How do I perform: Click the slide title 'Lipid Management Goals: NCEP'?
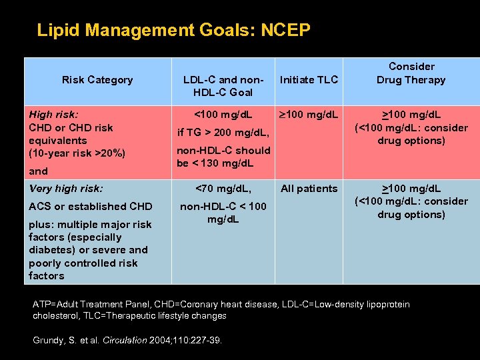tap(173, 30)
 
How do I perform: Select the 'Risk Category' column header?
tap(97, 80)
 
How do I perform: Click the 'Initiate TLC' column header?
tap(309, 80)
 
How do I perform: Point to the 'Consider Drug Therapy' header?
tap(411, 73)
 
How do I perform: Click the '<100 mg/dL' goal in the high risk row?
tap(223, 115)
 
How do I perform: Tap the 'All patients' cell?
tap(309, 189)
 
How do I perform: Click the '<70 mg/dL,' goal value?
tap(223, 189)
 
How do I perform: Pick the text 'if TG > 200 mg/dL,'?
tap(223, 133)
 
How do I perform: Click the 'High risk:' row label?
tap(53, 115)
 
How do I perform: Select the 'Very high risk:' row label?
tap(66, 189)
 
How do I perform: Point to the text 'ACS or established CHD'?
tap(90, 207)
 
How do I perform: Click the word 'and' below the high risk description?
tap(38, 171)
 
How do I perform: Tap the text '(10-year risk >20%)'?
tap(77, 153)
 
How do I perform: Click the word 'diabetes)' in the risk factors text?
tap(52, 250)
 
